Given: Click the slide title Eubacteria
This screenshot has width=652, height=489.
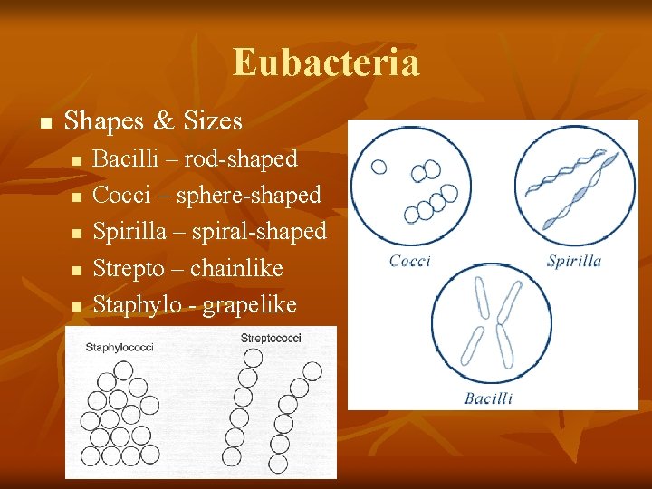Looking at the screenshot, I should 326,62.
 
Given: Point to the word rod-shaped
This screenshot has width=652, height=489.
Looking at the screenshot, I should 241,159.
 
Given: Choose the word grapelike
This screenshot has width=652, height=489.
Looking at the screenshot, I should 249,306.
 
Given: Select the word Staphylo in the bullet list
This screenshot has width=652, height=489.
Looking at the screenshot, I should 135,306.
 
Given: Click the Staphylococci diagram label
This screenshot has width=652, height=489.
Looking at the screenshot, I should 120,347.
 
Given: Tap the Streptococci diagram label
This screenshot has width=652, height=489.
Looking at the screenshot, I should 271,339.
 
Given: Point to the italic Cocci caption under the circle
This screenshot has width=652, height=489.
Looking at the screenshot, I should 410,262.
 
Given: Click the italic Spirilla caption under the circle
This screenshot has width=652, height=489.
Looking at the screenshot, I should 574,262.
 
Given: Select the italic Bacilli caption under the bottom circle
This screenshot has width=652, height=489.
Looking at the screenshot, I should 488,398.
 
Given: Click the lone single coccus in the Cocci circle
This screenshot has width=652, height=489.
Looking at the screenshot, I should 379,167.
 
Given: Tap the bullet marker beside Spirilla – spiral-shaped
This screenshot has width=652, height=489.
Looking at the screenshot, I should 77,234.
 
